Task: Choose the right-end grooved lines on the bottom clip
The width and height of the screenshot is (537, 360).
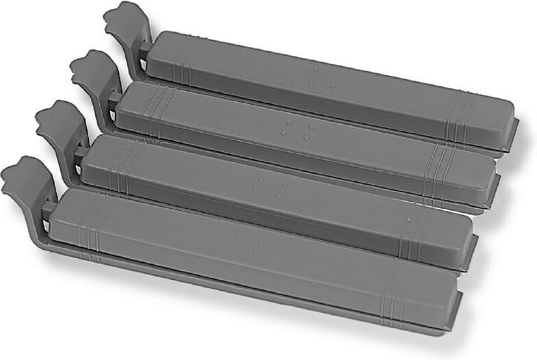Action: pos(393,301)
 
